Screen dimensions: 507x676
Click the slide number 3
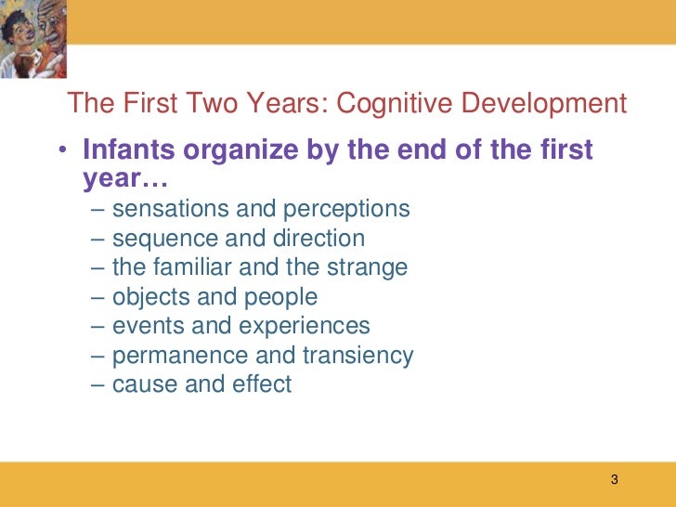point(614,480)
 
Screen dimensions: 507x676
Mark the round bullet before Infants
point(61,151)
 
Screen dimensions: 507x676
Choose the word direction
point(318,239)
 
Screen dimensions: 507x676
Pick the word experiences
point(304,326)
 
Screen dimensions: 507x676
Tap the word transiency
point(357,356)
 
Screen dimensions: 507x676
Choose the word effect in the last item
point(263,384)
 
